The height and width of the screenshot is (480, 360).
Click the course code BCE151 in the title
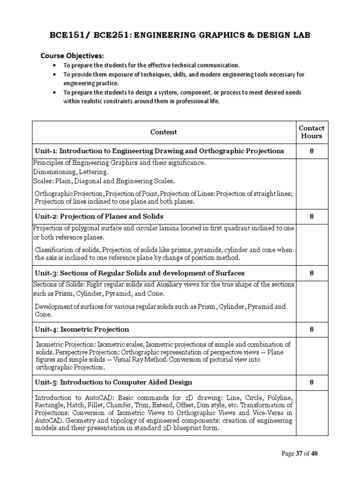pos(66,35)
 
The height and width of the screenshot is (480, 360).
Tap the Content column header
pos(164,132)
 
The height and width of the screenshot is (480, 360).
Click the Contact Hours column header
pos(311,132)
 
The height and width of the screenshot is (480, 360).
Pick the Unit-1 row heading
pos(160,151)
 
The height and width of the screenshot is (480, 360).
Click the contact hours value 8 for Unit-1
pos(311,151)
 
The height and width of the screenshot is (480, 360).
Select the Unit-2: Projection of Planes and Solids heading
pos(99,216)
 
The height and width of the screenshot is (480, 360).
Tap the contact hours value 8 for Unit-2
pos(311,216)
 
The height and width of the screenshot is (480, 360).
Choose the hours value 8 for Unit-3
pos(311,273)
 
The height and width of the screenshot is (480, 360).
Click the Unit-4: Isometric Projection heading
pos(82,329)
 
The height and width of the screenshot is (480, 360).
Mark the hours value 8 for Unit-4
pos(311,329)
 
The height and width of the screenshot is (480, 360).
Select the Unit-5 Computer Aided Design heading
pos(113,382)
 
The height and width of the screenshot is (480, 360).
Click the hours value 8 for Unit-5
pos(311,382)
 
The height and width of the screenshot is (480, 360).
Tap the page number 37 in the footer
pos(299,453)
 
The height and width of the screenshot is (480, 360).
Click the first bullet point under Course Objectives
pos(151,65)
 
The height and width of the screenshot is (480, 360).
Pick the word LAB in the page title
pos(300,35)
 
